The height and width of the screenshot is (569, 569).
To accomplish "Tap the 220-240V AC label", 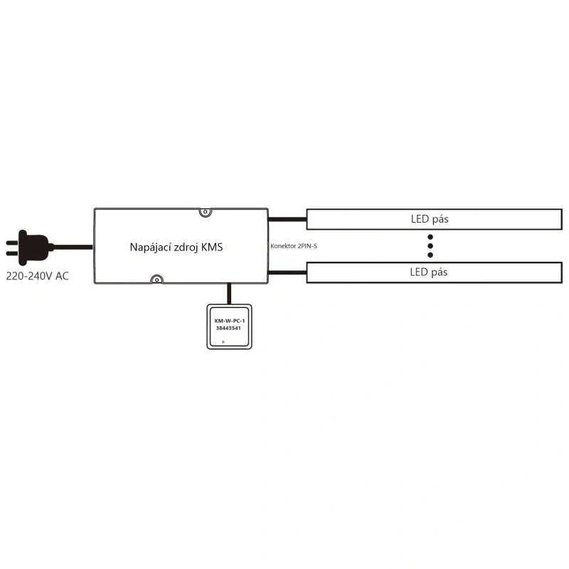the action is [x=38, y=276].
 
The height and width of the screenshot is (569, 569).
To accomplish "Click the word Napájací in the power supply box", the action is [x=150, y=248].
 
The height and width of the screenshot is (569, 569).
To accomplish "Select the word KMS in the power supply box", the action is [x=212, y=247].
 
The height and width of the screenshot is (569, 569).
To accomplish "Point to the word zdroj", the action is [x=186, y=248].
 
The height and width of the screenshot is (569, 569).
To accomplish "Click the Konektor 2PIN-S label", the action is [x=294, y=246].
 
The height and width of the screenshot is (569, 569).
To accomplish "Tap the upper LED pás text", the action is [x=430, y=219].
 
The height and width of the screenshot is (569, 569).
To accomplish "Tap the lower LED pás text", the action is [x=429, y=272].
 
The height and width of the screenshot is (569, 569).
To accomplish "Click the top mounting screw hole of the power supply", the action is [x=206, y=212].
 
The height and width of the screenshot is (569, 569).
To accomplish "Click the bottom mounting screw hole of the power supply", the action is [x=156, y=280].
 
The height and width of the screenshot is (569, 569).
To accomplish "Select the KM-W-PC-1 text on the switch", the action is [x=230, y=321].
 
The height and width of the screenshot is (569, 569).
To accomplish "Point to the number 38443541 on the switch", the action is [x=228, y=328].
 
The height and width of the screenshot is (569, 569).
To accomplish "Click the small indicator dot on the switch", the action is [x=223, y=342].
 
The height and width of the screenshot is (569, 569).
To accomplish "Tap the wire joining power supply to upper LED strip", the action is [x=287, y=219].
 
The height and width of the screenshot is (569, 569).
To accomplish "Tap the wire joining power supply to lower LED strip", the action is [x=287, y=272].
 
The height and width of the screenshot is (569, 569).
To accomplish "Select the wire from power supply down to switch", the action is [x=229, y=294].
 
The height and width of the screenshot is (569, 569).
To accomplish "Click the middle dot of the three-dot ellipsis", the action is [x=430, y=246].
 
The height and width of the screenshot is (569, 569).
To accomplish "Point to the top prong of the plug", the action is [x=12, y=243].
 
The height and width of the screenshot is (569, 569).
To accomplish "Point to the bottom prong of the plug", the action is [x=12, y=253].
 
